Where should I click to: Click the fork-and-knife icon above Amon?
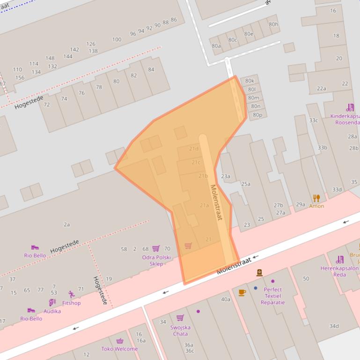316,198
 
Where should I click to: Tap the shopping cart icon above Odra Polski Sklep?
156,248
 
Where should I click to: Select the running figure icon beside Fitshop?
71,295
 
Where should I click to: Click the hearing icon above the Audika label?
52,303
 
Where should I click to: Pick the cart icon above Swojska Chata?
180,318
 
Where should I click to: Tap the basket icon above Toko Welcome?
120,341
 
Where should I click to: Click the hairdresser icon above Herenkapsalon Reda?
340,259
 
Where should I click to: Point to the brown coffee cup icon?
242,293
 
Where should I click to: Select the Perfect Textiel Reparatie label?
272,296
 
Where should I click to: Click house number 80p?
257,115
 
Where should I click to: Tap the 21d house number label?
194,149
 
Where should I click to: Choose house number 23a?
226,176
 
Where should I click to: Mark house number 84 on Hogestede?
151,70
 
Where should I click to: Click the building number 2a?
66,224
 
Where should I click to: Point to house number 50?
306,279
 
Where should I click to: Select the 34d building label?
334,326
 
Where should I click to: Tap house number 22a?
321,88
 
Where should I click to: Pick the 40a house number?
226,299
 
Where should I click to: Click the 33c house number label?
313,120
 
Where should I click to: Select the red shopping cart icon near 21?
188,245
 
